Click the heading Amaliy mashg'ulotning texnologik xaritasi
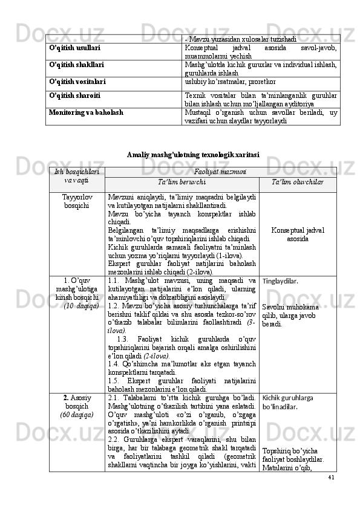(193, 155)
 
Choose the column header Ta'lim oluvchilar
(296, 182)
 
